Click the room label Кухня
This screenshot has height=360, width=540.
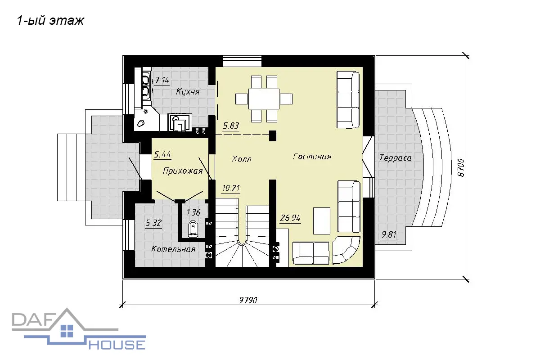tap(188, 92)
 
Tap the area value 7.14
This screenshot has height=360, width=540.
tap(162, 80)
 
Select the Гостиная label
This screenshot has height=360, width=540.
tap(312, 157)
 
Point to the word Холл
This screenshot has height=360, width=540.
tap(241, 159)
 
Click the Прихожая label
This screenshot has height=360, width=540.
tap(183, 171)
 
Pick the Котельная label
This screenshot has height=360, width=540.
tap(173, 249)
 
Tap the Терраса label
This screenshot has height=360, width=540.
tap(396, 157)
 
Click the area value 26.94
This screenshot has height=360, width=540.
tap(290, 218)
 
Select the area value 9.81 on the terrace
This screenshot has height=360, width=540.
tap(389, 234)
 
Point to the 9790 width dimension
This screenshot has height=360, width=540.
tap(248, 300)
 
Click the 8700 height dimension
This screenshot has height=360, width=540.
tap(461, 167)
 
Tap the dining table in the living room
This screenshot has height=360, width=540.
tap(264, 99)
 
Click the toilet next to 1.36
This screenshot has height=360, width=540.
tap(193, 228)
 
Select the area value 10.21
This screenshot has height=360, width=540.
tap(231, 188)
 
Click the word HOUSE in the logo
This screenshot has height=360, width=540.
tap(117, 345)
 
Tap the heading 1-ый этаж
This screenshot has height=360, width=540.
tap(50, 20)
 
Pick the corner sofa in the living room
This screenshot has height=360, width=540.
tap(346, 250)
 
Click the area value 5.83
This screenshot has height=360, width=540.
tap(231, 126)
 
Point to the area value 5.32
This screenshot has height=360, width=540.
tap(153, 223)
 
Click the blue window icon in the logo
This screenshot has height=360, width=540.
tap(67, 331)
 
